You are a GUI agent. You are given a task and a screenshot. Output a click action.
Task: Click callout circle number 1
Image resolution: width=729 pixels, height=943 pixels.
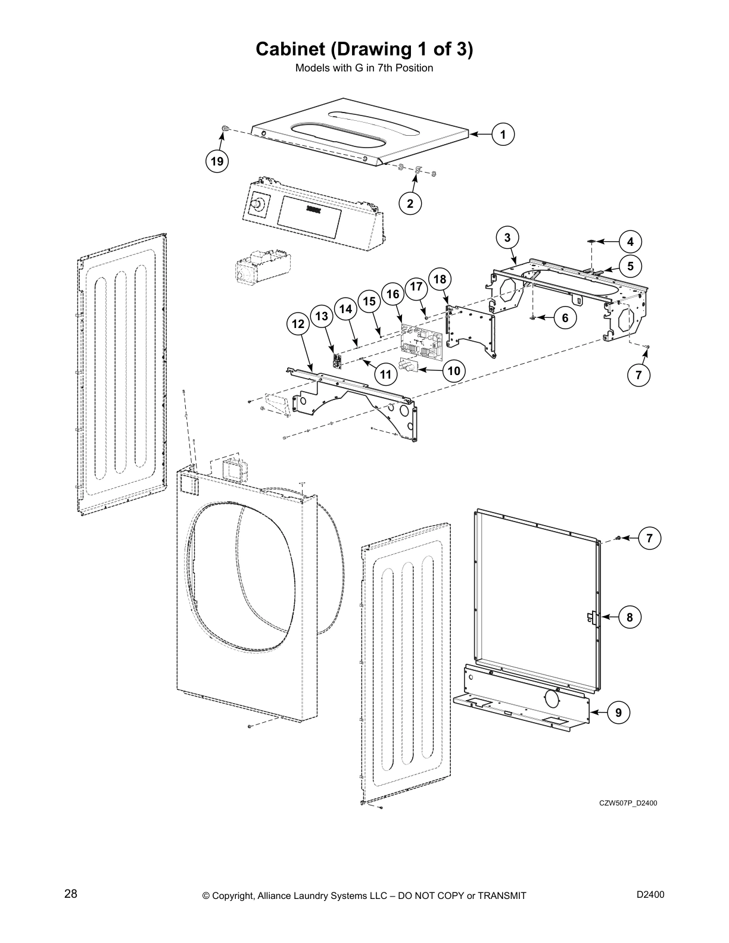point(503,135)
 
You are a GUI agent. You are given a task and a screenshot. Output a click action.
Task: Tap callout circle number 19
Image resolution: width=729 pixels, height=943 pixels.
point(217,161)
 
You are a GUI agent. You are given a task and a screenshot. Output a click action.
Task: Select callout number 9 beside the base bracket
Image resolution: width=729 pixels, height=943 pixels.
point(619,712)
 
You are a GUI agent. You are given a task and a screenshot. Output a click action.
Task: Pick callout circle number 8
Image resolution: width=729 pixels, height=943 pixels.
point(630,617)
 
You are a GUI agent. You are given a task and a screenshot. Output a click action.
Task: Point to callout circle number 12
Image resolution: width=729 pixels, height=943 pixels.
point(298,324)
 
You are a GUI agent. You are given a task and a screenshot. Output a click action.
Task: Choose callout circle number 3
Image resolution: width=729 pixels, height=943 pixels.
point(507,238)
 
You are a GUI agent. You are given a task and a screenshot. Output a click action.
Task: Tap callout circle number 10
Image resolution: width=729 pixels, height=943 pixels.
point(454,371)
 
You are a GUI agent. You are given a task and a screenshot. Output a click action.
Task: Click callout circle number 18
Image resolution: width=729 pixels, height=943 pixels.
point(440,279)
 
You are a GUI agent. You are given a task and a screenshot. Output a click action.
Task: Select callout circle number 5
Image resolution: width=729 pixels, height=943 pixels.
point(630,266)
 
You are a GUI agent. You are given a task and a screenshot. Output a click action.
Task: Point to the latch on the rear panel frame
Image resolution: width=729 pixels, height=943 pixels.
point(593,618)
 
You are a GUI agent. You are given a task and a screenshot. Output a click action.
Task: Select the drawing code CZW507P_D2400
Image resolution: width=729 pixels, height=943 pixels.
point(628,804)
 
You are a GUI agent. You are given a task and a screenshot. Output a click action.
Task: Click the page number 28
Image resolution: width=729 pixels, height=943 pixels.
point(71,894)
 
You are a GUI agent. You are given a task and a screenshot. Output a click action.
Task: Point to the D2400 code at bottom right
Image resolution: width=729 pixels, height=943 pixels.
point(650,894)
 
